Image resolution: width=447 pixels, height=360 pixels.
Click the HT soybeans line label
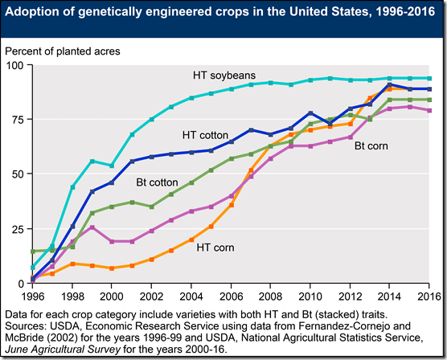225,76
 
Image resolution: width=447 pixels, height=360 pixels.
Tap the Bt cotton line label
158,184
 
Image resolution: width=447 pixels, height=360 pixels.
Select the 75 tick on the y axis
17,119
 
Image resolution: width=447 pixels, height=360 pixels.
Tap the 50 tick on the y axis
17,174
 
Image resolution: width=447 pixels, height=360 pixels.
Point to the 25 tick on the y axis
17,228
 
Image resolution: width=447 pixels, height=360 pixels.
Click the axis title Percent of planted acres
63,51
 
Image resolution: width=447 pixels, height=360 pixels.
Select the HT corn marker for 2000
112,268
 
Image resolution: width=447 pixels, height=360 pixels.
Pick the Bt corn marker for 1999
92,227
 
